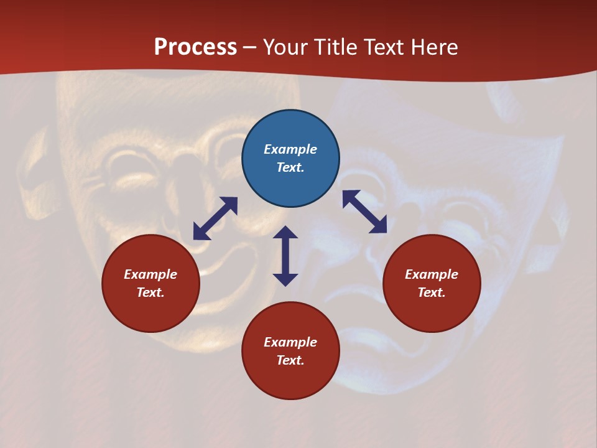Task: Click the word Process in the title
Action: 195,47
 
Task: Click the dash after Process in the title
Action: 249,48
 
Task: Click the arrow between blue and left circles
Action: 215,218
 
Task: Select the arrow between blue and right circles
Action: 364,212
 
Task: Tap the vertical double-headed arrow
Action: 285,256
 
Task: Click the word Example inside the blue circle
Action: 290,149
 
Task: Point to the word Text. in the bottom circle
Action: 290,360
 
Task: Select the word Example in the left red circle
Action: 150,274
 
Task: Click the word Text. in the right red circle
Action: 432,292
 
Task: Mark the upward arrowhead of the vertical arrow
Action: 285,232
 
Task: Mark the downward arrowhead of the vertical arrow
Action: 285,279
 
